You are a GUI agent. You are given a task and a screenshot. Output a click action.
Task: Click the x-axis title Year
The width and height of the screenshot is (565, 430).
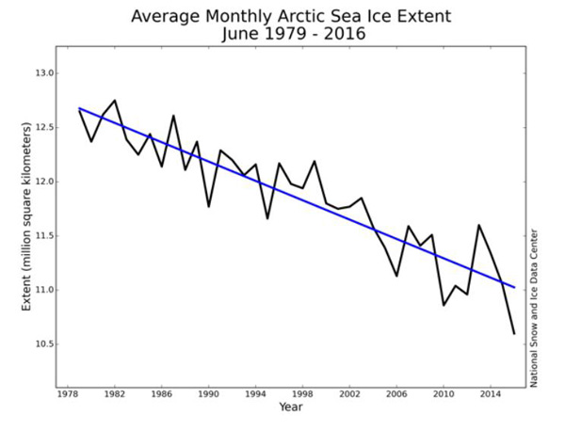point(291,406)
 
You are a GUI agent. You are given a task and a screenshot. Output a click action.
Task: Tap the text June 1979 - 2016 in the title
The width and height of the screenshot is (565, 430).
point(290,36)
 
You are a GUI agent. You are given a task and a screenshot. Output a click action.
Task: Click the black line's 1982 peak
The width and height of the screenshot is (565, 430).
point(115,100)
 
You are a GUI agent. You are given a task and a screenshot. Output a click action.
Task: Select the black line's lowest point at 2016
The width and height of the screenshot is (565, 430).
point(513,333)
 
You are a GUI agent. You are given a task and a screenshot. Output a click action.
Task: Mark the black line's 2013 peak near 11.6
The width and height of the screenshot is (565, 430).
point(478,225)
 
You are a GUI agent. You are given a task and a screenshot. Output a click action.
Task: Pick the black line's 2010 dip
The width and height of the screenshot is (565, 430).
point(444,305)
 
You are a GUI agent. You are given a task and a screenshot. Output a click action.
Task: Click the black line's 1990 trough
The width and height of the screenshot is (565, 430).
point(208,206)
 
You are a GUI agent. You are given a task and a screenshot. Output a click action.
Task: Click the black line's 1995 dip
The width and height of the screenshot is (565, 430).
point(266,218)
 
